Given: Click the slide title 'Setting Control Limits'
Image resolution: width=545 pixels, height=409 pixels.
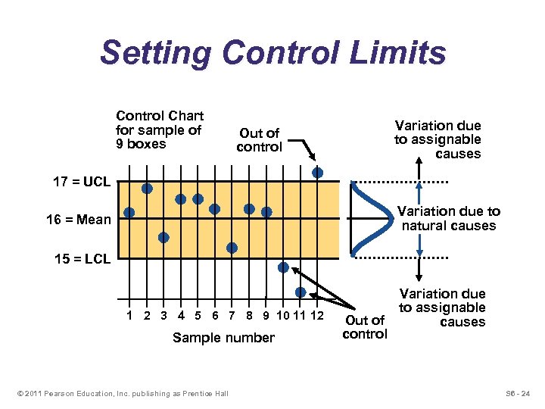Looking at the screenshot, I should click(272, 54).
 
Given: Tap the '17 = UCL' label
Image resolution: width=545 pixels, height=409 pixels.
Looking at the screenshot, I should click(82, 183).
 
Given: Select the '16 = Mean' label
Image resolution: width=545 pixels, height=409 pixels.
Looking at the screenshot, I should click(78, 220).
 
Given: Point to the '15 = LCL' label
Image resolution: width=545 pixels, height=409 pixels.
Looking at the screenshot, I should click(83, 259).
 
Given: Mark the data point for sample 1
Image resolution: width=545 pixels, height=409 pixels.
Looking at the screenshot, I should click(129, 213).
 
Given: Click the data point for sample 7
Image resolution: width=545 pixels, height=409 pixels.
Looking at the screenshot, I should click(232, 247).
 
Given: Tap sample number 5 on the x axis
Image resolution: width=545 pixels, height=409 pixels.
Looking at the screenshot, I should click(198, 315).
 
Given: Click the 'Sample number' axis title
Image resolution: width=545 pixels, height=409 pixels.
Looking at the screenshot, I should click(223, 338).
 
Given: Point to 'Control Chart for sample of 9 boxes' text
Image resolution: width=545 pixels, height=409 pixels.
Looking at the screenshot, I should click(160, 130).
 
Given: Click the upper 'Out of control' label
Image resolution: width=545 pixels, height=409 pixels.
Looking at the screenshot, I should click(259, 140).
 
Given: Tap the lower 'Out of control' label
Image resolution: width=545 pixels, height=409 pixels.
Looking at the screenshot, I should click(365, 327).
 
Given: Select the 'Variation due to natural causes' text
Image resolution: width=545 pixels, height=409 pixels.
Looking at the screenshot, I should click(449, 218).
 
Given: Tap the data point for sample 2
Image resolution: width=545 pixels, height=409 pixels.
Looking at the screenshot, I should click(147, 188).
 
